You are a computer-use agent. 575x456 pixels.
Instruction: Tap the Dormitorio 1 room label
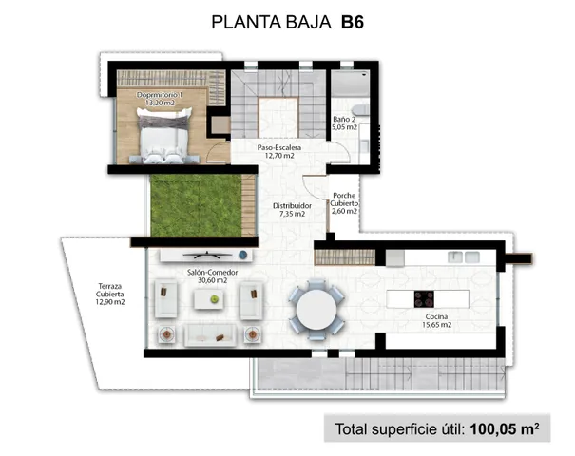click(159, 95)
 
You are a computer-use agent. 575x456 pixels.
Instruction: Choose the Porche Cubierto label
click(344, 199)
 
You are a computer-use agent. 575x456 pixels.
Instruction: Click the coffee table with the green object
click(214, 297)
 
